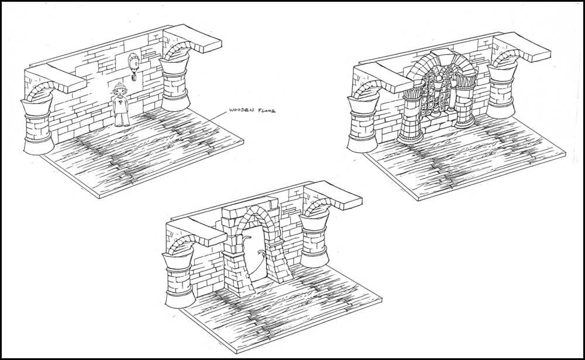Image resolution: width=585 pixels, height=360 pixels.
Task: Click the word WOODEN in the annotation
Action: [241, 110]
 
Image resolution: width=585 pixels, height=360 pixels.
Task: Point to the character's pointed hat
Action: [119, 85]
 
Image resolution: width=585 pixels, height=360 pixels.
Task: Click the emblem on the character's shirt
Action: [120, 102]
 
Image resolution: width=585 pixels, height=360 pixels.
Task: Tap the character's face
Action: [119, 92]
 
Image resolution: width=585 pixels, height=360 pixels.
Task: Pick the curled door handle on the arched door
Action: [257, 254]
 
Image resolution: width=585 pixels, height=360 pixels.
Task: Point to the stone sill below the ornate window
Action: [438, 120]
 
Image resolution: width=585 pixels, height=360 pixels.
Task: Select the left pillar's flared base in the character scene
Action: [38, 146]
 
